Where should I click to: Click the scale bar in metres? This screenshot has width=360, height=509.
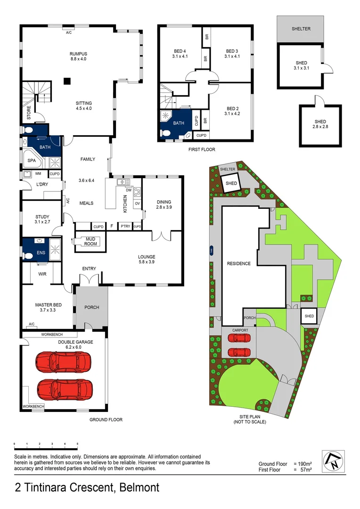click(46, 444)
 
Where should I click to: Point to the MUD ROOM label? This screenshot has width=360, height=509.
click(90, 241)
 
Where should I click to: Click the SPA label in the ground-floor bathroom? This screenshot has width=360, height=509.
click(32, 161)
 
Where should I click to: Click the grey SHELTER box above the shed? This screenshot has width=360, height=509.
click(301, 29)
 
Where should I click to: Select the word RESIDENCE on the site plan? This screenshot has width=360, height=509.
click(239, 263)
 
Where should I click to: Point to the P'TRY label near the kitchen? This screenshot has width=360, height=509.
click(125, 227)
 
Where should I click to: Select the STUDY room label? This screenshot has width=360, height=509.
click(42, 217)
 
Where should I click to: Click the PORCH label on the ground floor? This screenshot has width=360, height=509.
click(91, 307)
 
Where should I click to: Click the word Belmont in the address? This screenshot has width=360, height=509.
click(139, 487)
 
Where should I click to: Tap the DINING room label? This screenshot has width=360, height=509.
click(164, 202)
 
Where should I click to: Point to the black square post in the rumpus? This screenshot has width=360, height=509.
click(67, 80)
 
